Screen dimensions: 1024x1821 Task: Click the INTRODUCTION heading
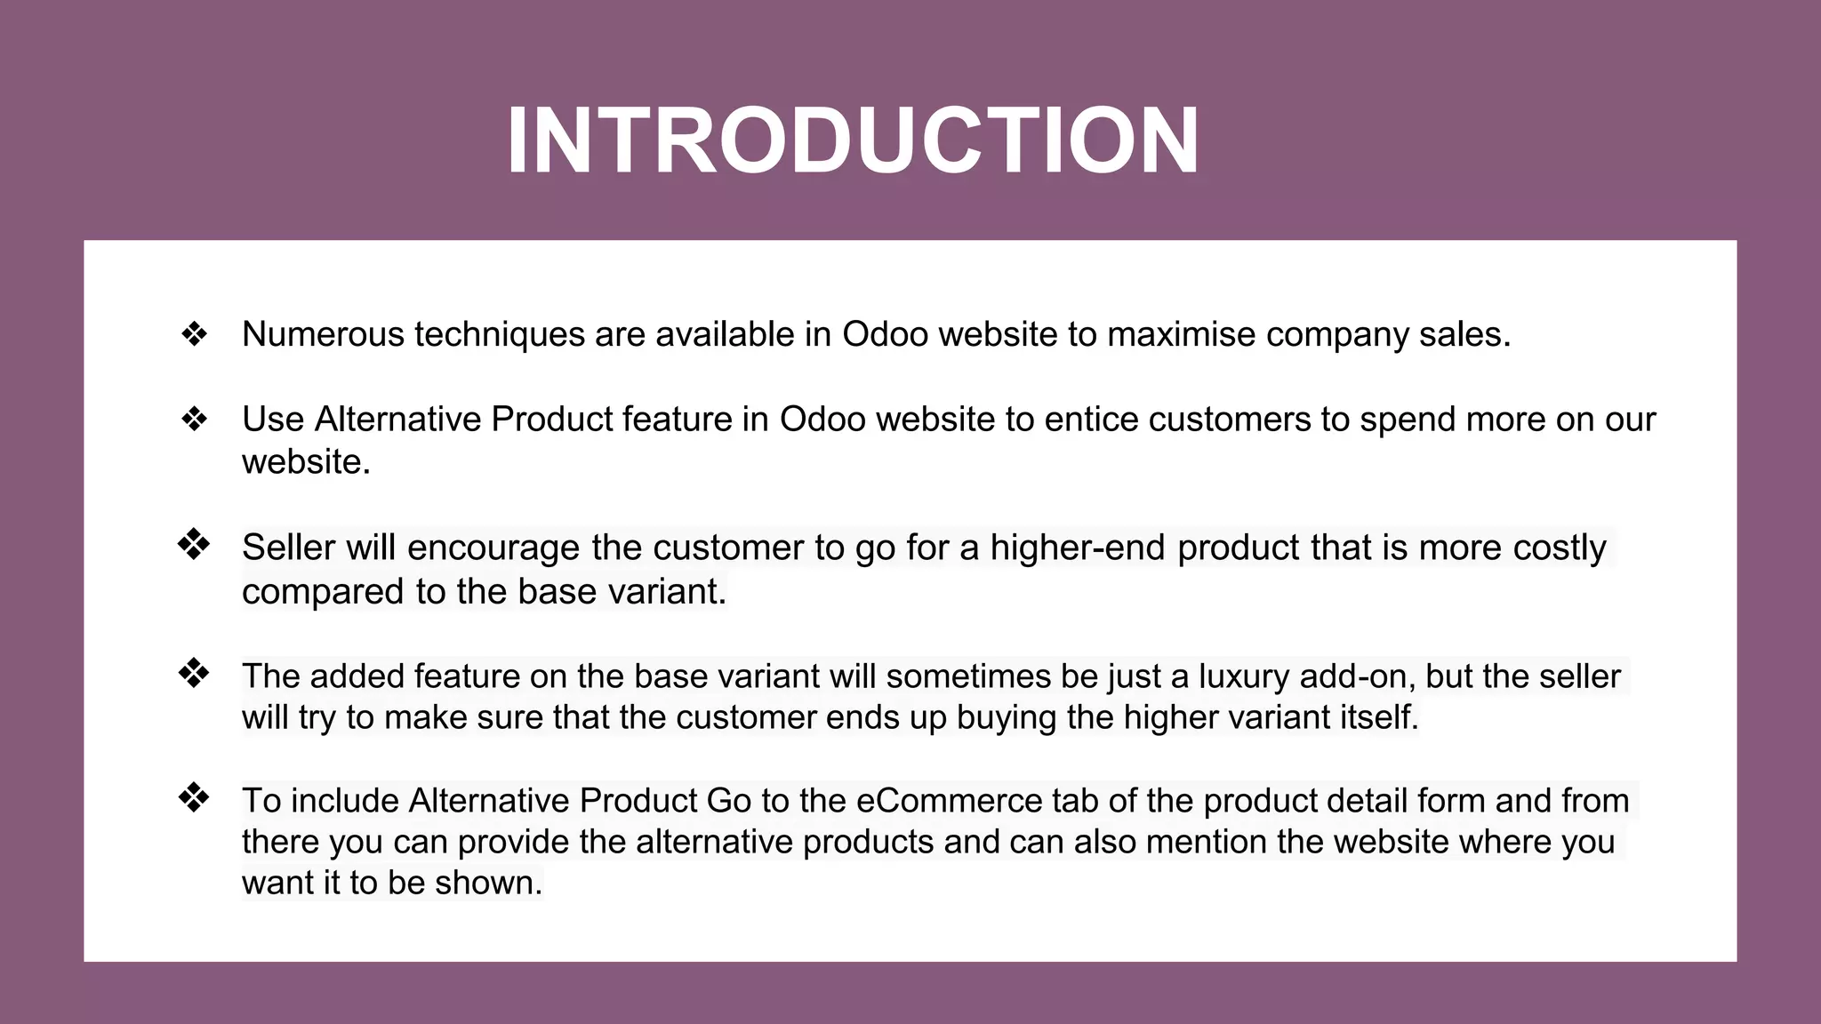[853, 141]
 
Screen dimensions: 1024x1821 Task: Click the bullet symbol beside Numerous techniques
[194, 335]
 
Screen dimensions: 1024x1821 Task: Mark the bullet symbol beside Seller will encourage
[194, 544]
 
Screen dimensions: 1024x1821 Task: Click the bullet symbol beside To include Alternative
[194, 797]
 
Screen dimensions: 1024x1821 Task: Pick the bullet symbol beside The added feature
[194, 673]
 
